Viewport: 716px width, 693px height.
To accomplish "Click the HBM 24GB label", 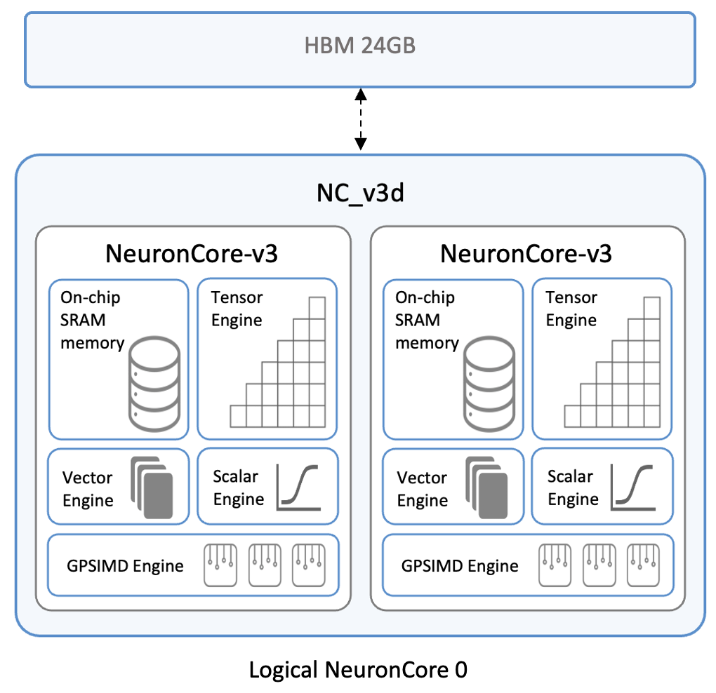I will point(359,47).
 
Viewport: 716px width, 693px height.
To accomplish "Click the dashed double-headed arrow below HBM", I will point(360,119).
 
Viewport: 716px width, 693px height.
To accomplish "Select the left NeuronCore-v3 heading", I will point(192,253).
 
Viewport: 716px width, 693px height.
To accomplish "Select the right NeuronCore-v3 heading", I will point(526,253).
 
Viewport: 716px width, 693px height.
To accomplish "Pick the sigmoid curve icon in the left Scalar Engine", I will point(299,485).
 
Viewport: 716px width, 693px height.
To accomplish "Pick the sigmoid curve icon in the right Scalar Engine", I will point(634,485).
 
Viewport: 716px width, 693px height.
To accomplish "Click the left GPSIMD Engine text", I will point(126,565).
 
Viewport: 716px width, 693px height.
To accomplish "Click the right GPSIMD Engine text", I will point(460,565).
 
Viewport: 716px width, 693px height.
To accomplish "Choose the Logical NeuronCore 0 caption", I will point(358,670).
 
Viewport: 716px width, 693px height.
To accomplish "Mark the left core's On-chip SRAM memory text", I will point(91,320).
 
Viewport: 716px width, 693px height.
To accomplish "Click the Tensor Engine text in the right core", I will point(571,309).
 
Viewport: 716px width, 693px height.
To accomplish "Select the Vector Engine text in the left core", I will point(88,489).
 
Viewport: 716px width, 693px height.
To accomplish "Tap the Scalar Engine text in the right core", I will point(573,487).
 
